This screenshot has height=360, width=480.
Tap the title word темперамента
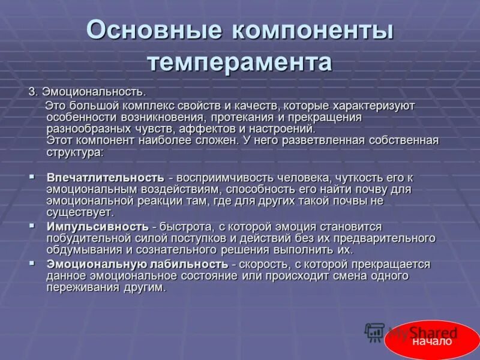click(x=239, y=62)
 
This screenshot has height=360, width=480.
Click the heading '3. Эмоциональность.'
click(x=88, y=92)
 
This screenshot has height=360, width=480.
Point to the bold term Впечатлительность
click(x=105, y=178)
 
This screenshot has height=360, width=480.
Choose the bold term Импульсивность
click(x=97, y=227)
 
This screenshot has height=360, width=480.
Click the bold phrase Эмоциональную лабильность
click(x=137, y=264)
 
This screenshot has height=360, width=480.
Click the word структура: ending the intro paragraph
click(x=75, y=152)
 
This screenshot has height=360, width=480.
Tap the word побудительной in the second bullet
click(x=84, y=239)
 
